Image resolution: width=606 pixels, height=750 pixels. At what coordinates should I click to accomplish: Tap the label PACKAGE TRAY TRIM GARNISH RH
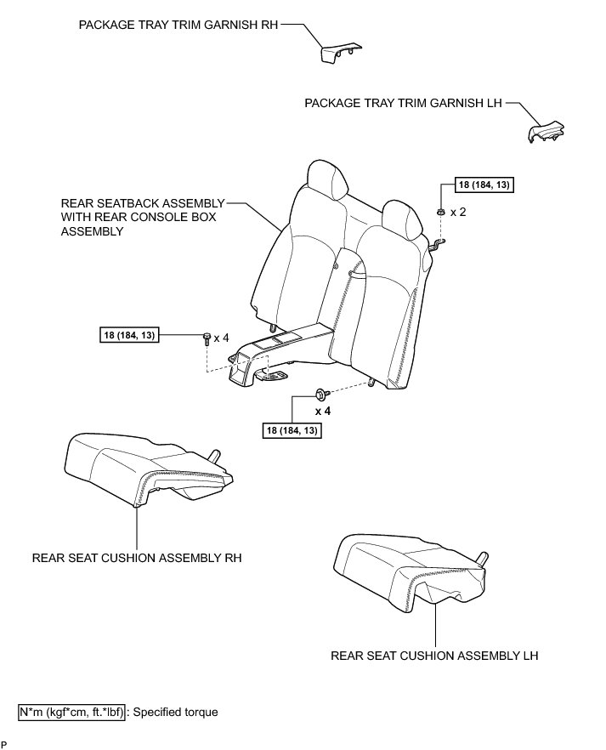click(178, 26)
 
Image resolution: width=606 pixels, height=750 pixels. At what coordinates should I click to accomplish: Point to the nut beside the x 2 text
click(440, 211)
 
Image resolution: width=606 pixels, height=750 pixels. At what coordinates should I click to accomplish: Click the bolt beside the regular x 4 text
click(207, 338)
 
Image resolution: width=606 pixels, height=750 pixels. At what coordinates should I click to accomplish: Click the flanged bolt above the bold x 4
click(322, 394)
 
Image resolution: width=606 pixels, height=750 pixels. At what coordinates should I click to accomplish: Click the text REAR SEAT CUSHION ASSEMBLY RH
click(137, 559)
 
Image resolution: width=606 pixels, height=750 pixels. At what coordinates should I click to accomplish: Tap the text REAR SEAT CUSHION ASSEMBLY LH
click(434, 656)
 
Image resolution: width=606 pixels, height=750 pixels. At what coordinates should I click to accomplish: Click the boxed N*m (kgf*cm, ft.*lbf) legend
click(72, 712)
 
